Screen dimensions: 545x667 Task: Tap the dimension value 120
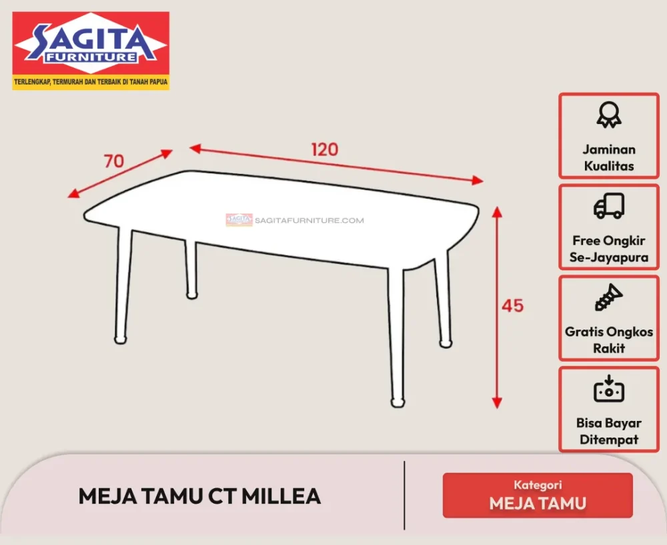tap(325, 149)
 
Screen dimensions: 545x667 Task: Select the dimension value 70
tap(114, 161)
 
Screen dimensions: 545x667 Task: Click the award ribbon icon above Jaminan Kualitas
tap(608, 115)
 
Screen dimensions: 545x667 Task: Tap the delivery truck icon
tap(608, 206)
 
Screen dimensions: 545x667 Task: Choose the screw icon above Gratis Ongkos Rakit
tap(608, 298)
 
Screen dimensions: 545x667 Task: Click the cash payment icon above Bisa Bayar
tap(608, 389)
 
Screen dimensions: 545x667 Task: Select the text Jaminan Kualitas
tap(608, 157)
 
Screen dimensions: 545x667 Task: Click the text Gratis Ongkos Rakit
tap(609, 340)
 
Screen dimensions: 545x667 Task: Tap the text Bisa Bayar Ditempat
tap(608, 431)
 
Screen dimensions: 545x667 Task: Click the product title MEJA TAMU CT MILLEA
tap(200, 496)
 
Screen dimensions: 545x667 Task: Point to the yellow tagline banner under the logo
tap(91, 83)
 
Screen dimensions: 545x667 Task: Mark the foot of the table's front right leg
tap(397, 402)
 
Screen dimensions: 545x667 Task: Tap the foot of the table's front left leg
tap(120, 340)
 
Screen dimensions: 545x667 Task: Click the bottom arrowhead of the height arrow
tap(496, 402)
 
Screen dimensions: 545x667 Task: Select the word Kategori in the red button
tap(538, 485)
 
